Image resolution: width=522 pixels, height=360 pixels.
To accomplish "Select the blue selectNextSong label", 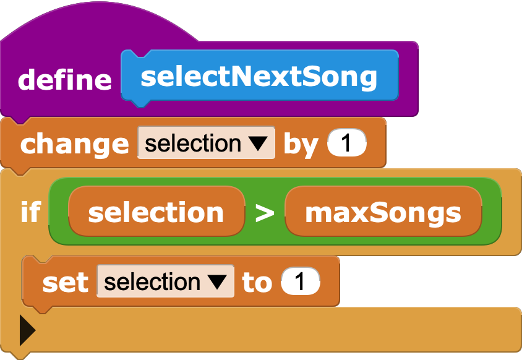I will point(259,76).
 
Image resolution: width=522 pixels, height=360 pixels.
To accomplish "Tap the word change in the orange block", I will point(74,144).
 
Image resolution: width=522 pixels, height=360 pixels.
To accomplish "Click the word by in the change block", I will point(300,144).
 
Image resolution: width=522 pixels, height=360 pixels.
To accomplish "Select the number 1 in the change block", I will point(346,144).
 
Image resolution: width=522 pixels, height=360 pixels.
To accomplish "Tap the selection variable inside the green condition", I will point(156,212).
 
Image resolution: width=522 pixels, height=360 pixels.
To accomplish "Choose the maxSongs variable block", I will point(383,212).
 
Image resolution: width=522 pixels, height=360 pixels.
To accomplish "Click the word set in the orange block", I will point(65,282).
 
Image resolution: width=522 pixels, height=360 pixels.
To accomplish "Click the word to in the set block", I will point(257,282).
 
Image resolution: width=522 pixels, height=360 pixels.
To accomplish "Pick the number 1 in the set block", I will point(301,282).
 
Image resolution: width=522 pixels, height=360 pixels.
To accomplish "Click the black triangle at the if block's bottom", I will point(27,331).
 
